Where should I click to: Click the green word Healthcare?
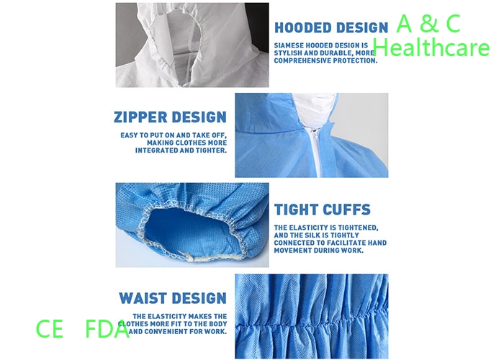point(431,48)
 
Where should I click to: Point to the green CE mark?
point(49,328)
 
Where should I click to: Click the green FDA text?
point(107,328)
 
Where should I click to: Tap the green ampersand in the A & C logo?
point(429,23)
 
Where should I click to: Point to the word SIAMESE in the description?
point(288,45)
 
